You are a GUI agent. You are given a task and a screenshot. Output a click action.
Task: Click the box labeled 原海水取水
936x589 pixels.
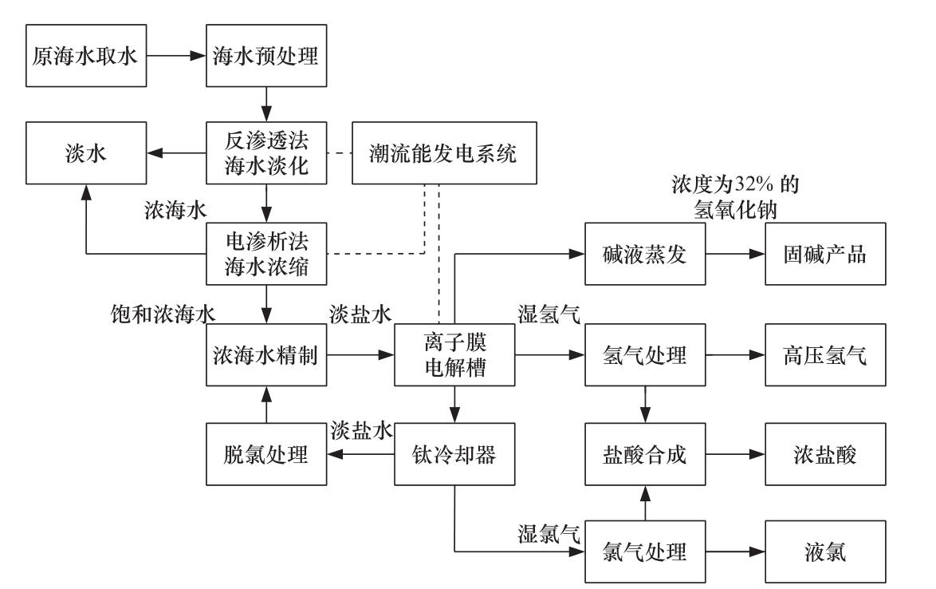pos(86,57)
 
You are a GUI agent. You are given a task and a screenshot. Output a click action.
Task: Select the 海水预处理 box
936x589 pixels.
pos(267,57)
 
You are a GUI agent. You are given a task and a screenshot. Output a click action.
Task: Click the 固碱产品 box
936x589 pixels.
pos(825,255)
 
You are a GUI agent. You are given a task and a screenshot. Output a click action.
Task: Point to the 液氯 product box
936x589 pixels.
pos(825,551)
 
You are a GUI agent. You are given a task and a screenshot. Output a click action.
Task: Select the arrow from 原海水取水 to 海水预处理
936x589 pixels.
pos(176,57)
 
